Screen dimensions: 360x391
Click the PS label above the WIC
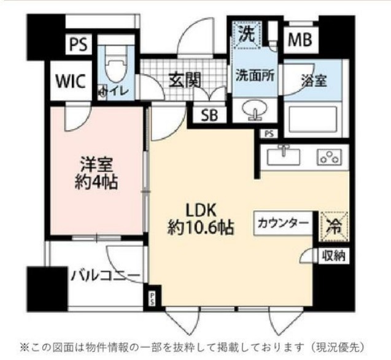click(x=77, y=45)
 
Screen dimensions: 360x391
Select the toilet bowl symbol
click(x=114, y=68)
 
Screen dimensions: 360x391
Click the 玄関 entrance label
click(x=182, y=80)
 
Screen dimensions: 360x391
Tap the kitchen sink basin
click(x=283, y=155)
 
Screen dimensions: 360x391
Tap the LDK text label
click(x=199, y=208)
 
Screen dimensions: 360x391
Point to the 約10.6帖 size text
click(x=199, y=228)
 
